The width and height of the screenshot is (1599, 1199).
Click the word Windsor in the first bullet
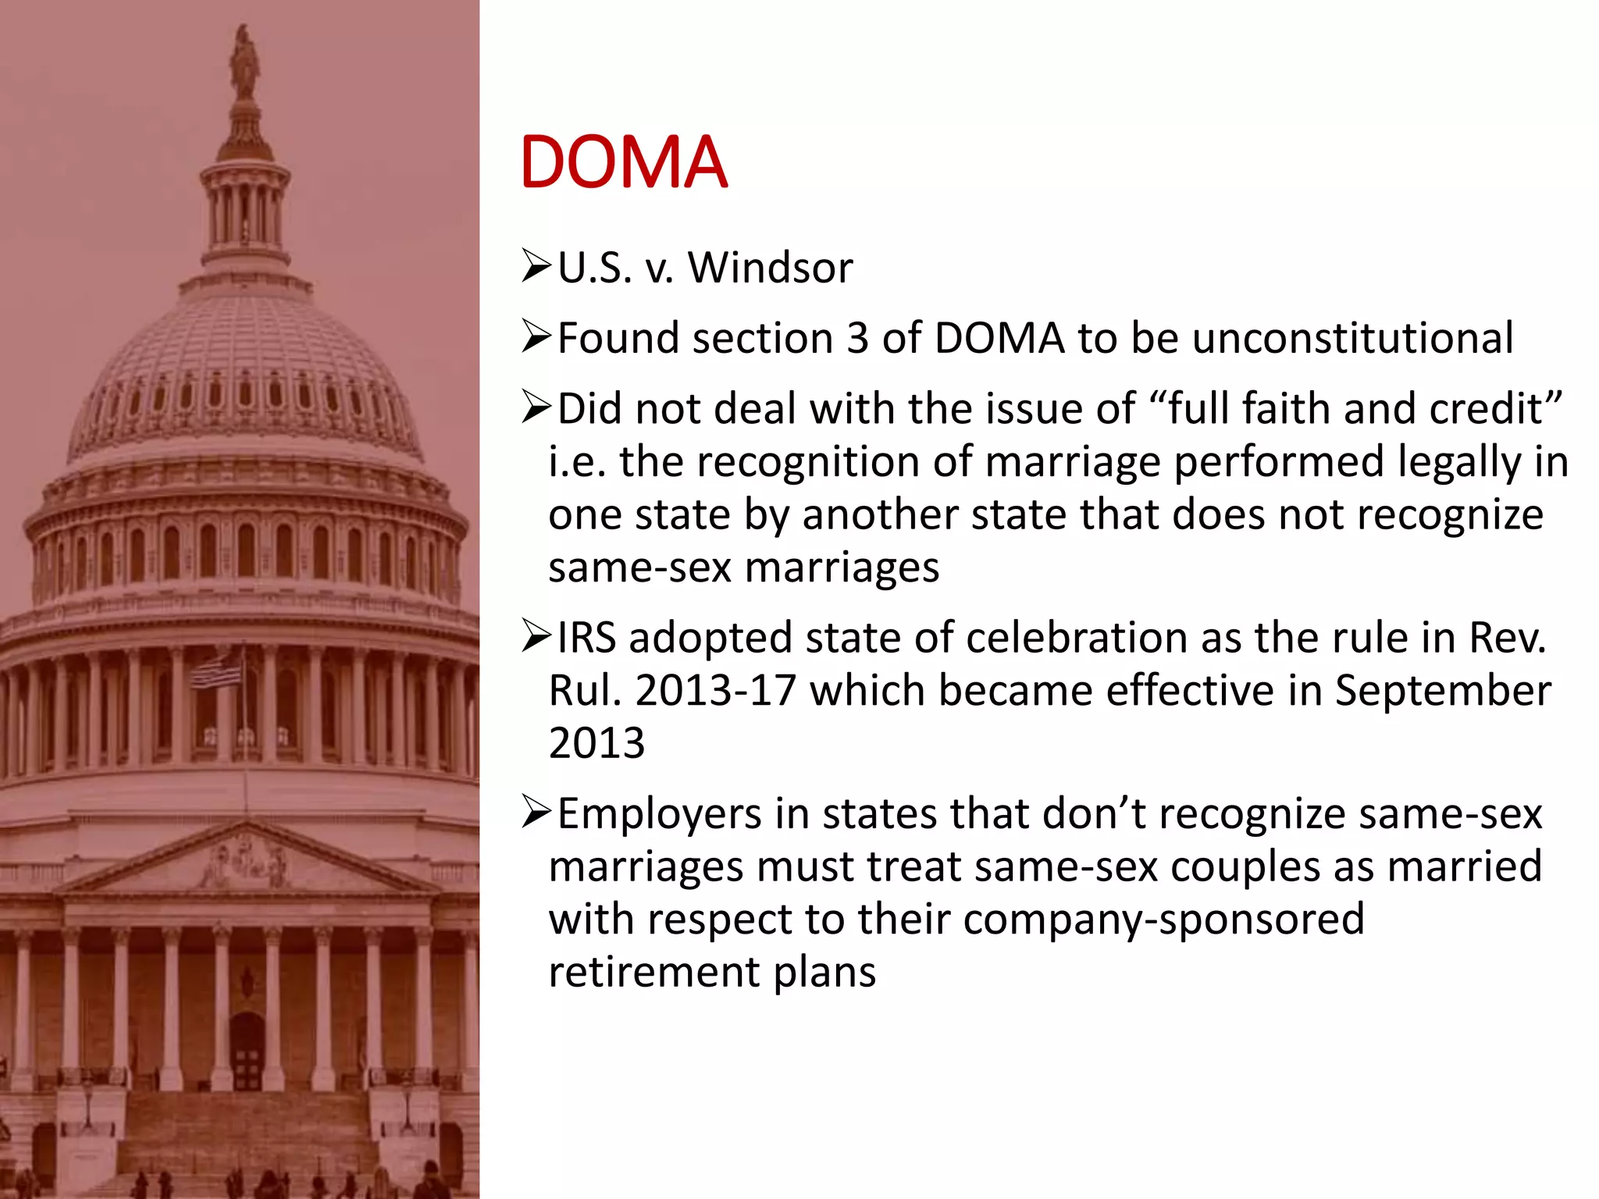pyautogui.click(x=770, y=268)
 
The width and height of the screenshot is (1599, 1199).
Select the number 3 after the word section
pyautogui.click(x=857, y=339)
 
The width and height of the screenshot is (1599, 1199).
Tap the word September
pyautogui.click(x=1443, y=691)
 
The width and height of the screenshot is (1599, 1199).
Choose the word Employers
pyautogui.click(x=659, y=814)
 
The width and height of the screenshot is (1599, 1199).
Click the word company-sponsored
pyautogui.click(x=1163, y=919)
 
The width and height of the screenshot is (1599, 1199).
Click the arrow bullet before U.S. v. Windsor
pyautogui.click(x=537, y=267)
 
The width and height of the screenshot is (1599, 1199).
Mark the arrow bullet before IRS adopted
pyautogui.click(x=537, y=637)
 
